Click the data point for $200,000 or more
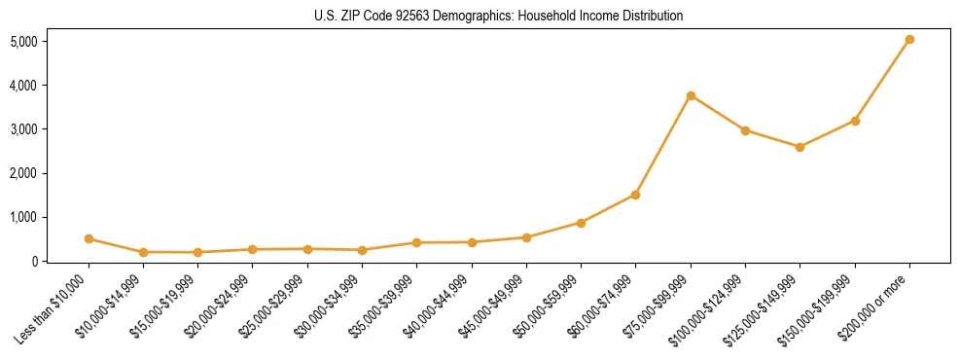(909, 40)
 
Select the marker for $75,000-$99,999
(691, 95)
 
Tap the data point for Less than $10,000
(89, 238)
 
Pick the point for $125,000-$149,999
(800, 147)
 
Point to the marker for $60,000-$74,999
(635, 195)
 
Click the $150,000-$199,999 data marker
(855, 121)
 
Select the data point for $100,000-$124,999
(745, 130)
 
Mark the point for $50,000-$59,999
(581, 223)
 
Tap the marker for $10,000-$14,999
(143, 252)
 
